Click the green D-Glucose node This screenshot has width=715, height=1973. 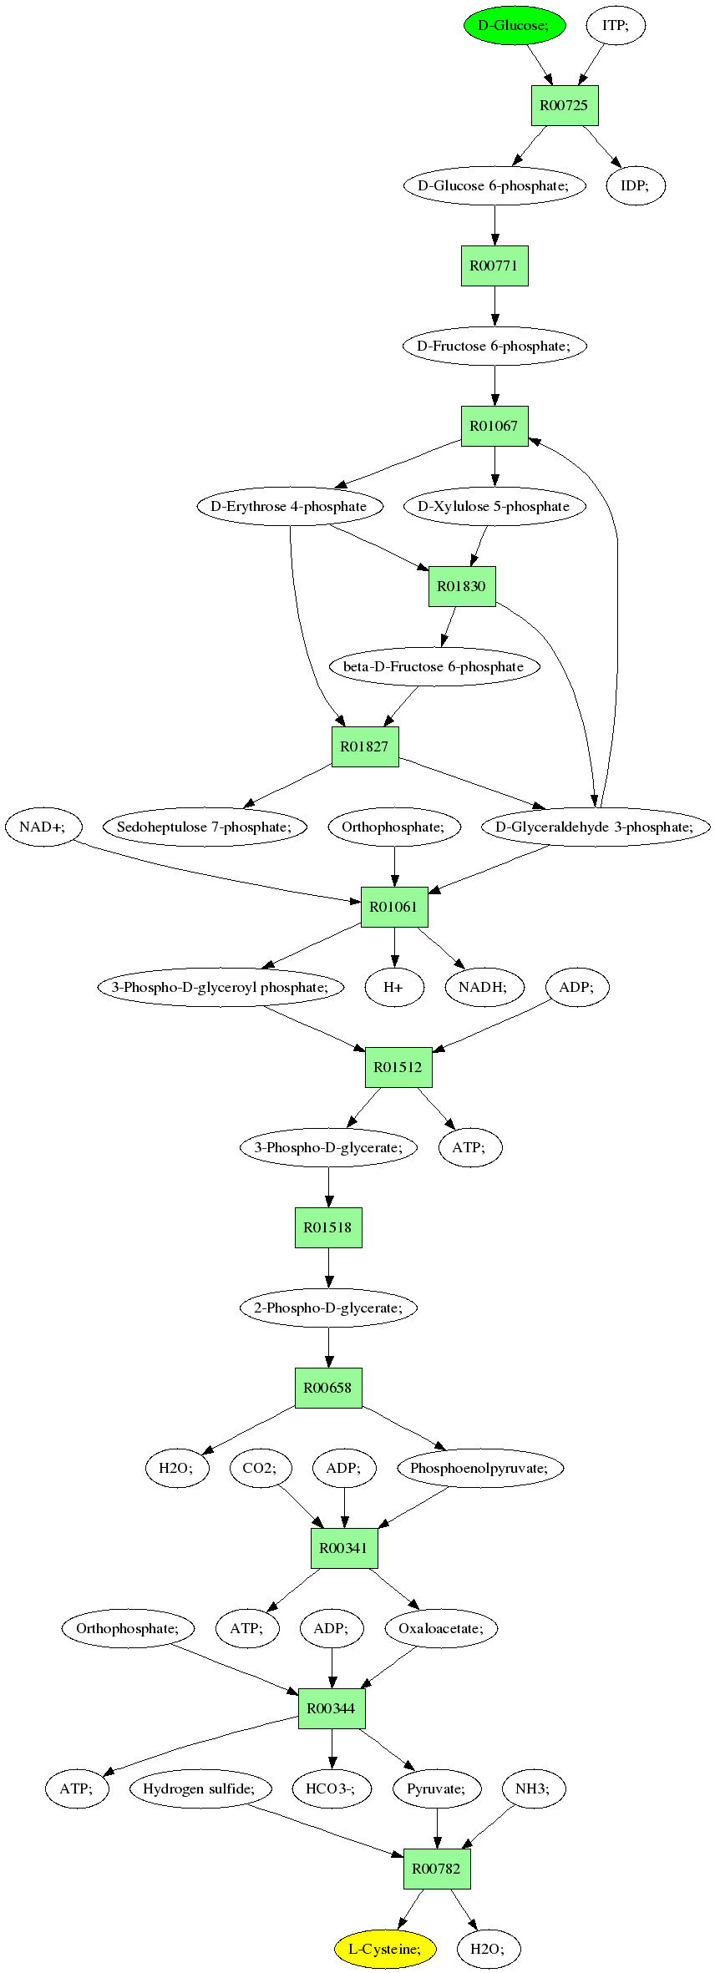click(x=515, y=25)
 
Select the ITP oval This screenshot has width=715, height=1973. click(x=616, y=25)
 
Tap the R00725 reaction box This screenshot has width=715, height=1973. click(x=565, y=105)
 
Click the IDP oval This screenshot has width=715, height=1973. click(x=635, y=185)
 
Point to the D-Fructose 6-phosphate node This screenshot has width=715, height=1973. click(x=494, y=346)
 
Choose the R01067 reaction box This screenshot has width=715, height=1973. click(x=494, y=426)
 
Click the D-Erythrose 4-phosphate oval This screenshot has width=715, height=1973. click(x=290, y=506)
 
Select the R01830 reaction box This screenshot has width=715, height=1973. click(x=462, y=586)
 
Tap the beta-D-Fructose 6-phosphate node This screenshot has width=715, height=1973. click(x=434, y=666)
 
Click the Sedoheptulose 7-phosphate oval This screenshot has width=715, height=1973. click(x=205, y=827)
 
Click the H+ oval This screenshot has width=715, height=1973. click(x=394, y=987)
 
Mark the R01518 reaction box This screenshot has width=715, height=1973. click(x=328, y=1227)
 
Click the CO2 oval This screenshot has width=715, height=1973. click(x=261, y=1468)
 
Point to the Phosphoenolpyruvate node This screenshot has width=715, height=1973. click(x=480, y=1468)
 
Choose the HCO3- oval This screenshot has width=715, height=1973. click(x=331, y=1788)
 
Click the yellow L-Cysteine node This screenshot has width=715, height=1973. click(x=385, y=1949)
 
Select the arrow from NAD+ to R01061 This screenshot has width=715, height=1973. click(x=217, y=873)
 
